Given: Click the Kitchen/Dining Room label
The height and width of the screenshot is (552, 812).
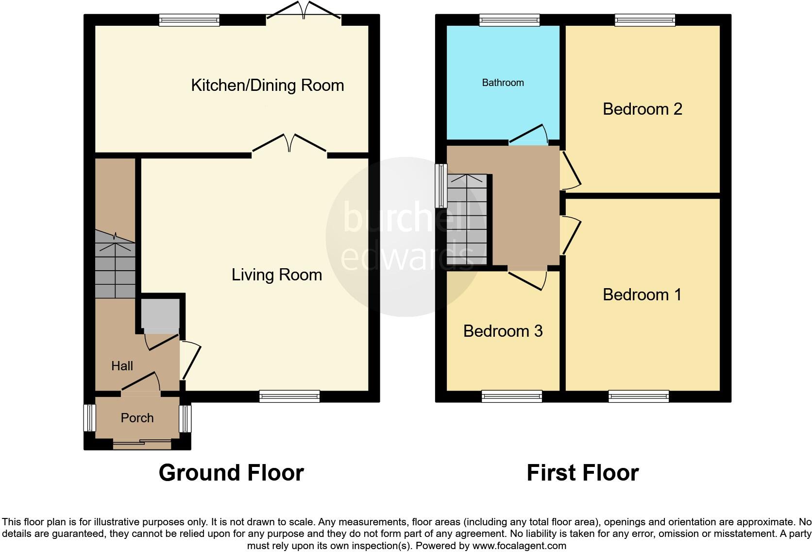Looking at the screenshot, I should pos(267,86).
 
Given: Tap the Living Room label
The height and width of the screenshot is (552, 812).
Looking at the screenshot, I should pos(276,275).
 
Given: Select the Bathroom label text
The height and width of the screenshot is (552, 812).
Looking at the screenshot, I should pos(503,83).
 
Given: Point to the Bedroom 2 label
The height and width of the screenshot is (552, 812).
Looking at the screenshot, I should pos(642,109).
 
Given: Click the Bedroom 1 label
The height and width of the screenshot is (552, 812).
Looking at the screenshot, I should pos(642,294).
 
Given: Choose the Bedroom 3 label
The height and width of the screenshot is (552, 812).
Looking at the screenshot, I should pos(503,331).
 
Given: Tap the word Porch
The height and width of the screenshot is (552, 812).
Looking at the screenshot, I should pos(137,418).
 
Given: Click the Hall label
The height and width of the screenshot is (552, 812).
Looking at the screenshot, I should pos(122,366).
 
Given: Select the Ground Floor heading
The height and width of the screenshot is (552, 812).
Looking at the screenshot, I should pos(231,473).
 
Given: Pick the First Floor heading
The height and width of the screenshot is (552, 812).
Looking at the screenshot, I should pos(582,473).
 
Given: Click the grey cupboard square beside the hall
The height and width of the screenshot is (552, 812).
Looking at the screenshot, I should pos(160,314).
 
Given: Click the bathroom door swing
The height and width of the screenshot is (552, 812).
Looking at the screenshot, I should pos(529,134).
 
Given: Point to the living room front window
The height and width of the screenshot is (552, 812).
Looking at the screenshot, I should pos(289,396).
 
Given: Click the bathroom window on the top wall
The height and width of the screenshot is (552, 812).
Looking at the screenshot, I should pos(509,20).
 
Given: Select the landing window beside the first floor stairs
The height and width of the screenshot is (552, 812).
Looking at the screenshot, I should pos(441,185).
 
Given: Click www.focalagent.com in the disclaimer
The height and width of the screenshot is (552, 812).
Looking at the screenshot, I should pos(519,546).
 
